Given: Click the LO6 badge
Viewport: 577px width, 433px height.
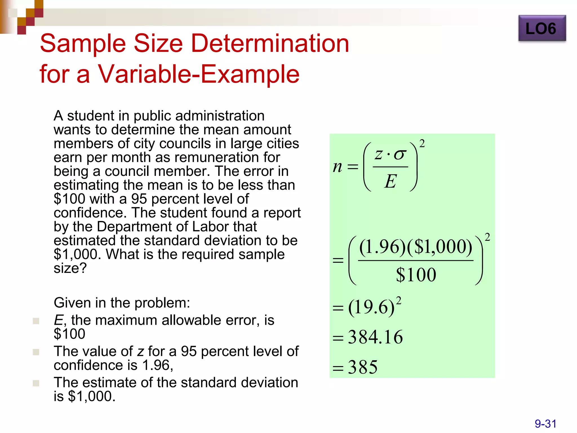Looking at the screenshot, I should pyautogui.click(x=542, y=28).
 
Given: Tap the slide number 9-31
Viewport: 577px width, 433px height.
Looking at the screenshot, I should pyautogui.click(x=545, y=424).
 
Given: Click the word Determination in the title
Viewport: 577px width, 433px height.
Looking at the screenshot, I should pyautogui.click(x=270, y=44).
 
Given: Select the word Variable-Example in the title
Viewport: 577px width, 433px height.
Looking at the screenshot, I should pyautogui.click(x=198, y=74).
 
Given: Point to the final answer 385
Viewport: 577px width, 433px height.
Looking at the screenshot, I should pyautogui.click(x=363, y=367).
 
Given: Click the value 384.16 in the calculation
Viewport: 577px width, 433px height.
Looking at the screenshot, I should pyautogui.click(x=375, y=337).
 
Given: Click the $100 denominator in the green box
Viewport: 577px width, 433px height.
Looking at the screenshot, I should pyautogui.click(x=416, y=275).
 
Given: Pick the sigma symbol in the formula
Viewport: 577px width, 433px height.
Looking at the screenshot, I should pyautogui.click(x=400, y=155).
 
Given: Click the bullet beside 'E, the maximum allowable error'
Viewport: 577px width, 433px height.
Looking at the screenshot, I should pyautogui.click(x=36, y=321).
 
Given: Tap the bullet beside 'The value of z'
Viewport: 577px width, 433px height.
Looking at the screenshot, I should pyautogui.click(x=36, y=352).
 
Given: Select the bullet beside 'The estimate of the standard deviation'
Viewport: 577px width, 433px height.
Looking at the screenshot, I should pyautogui.click(x=36, y=383).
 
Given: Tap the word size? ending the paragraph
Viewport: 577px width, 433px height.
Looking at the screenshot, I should pyautogui.click(x=70, y=268).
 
